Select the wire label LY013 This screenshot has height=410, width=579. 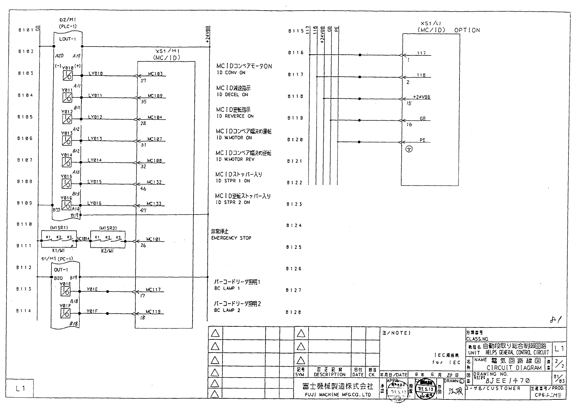click(x=95, y=139)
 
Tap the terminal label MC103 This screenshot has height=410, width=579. click(x=155, y=74)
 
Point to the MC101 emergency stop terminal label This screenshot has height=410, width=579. click(x=153, y=239)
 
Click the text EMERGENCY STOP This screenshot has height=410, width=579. click(x=231, y=238)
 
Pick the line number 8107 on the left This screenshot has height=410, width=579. click(x=25, y=160)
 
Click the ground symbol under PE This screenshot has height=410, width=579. click(x=409, y=149)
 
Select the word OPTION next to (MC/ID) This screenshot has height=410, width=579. click(x=467, y=30)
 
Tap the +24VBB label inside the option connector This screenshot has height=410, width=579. click(x=421, y=97)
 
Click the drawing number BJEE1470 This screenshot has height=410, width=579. click(x=507, y=381)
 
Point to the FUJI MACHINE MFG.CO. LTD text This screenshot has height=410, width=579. click(x=338, y=395)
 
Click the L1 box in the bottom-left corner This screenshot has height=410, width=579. click(x=20, y=388)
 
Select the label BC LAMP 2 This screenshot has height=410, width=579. click(x=227, y=310)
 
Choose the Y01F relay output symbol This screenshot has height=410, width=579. click(x=66, y=313)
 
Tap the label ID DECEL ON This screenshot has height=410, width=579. click(x=232, y=95)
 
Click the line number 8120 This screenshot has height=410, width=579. click(x=295, y=140)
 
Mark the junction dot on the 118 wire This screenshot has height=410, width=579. click(x=359, y=77)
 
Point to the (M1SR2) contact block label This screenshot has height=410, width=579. click(x=108, y=228)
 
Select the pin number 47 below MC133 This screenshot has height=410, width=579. click(x=143, y=210)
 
